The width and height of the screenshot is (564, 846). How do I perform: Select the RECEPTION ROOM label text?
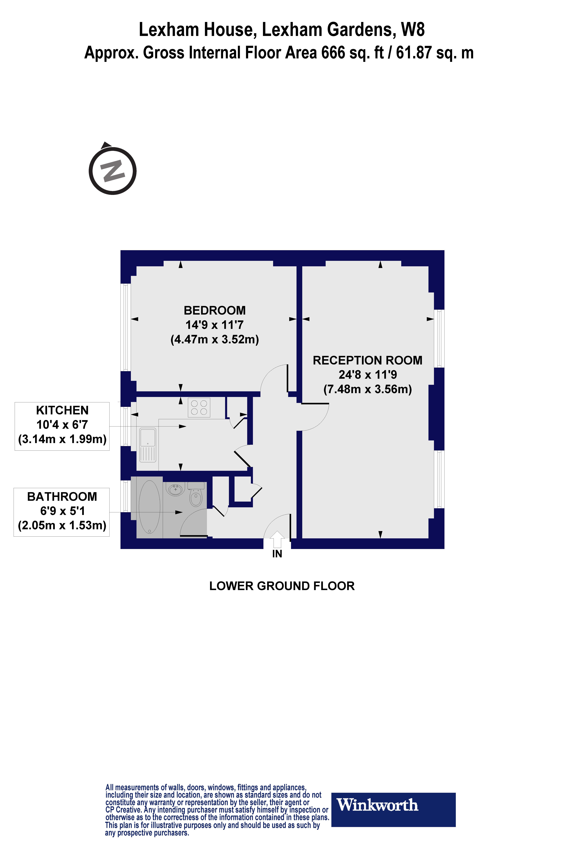[367, 360]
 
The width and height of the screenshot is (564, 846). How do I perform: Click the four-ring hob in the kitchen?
[199, 407]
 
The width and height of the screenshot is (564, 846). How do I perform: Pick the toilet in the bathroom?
[196, 496]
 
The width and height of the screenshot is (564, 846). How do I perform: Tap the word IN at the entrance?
[277, 554]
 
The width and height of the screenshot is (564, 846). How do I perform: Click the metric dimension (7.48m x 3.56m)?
[367, 389]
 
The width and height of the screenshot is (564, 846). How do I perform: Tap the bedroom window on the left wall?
[126, 327]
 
